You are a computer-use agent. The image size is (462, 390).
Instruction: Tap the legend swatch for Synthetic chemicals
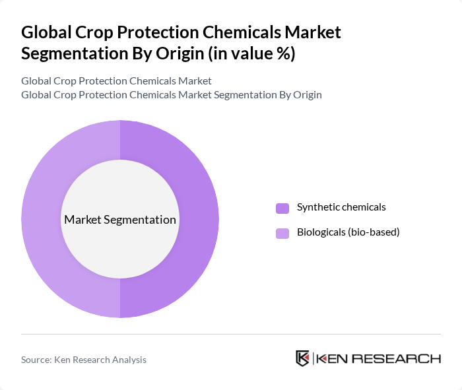[x=282, y=208]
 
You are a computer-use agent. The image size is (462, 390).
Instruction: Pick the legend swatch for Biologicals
[x=282, y=233]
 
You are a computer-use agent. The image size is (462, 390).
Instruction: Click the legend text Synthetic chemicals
[x=341, y=207]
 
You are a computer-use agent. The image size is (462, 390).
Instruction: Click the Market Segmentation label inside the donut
[x=119, y=220]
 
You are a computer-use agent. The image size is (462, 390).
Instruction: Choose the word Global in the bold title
[x=45, y=31]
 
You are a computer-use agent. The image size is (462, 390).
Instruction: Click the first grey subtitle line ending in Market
[x=116, y=81]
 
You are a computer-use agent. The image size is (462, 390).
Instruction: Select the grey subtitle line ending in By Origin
[x=171, y=94]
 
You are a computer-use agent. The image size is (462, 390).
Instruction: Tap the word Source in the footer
[x=36, y=360]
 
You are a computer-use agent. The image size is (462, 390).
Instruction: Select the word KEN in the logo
[x=333, y=359]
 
